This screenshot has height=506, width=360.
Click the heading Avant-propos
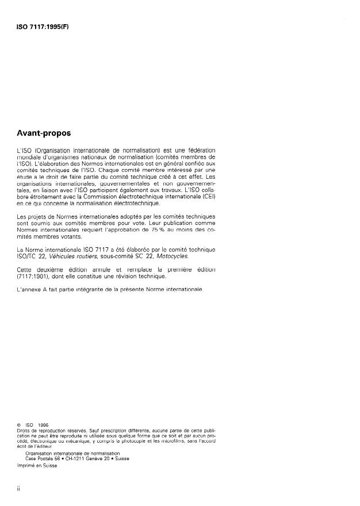43,133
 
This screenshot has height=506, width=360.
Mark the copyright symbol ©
20,425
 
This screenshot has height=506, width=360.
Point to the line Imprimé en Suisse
38,466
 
